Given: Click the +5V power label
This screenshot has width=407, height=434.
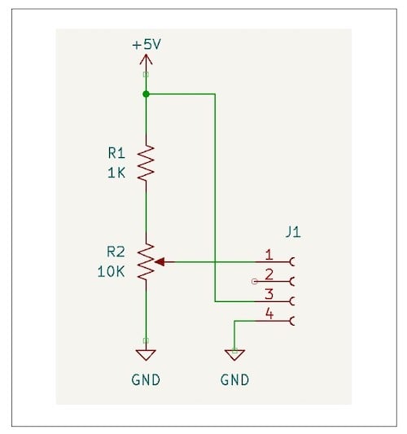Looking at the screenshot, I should [147, 45].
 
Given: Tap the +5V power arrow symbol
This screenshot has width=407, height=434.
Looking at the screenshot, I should [146, 60].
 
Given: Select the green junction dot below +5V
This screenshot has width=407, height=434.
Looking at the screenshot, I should [146, 94].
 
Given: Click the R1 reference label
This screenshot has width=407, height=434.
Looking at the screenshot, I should [116, 152].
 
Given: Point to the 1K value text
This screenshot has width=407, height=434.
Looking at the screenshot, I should [116, 172].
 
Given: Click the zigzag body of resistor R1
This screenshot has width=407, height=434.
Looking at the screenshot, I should [146, 163].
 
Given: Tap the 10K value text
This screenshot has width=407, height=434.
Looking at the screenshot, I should [110, 271].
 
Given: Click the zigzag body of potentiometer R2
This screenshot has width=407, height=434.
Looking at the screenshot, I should [146, 262].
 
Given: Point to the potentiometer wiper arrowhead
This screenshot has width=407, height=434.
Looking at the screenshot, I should [159, 262].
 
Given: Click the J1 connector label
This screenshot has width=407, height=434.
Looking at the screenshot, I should [293, 232].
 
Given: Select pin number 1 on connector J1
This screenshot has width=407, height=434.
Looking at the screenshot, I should [269, 255].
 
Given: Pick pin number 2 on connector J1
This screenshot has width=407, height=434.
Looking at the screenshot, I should [269, 274].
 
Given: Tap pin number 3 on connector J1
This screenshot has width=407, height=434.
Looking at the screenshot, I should [269, 294].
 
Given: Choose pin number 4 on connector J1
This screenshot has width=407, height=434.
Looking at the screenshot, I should [269, 313].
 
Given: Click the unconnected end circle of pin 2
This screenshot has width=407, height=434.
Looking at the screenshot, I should [256, 282].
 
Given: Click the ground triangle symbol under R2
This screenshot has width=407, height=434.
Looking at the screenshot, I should [146, 354].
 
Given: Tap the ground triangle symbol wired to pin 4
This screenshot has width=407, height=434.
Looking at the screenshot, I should [234, 354].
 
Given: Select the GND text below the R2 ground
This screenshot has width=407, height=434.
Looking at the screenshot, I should [146, 379].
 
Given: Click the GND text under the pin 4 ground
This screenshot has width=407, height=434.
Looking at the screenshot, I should [234, 379].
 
